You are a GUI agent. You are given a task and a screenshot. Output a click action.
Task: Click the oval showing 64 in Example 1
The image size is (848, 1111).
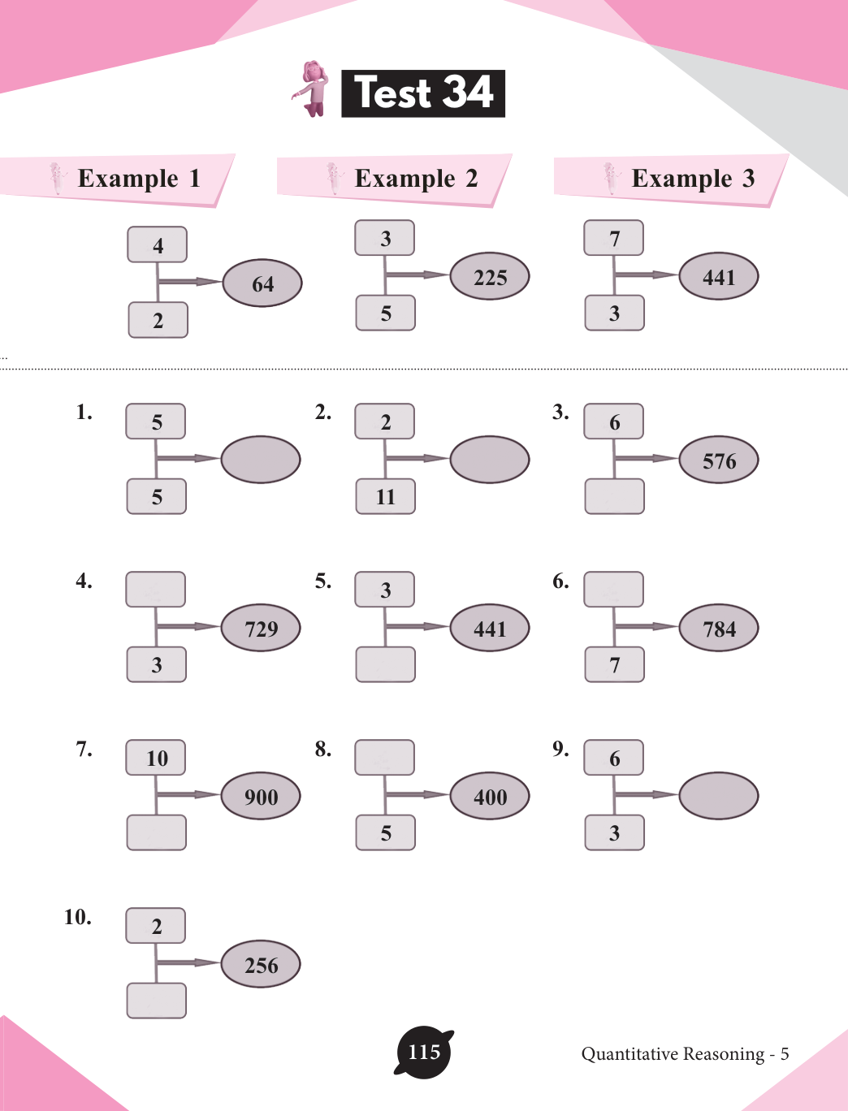[262, 283]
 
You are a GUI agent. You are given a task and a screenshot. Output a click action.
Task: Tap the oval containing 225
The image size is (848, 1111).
[490, 277]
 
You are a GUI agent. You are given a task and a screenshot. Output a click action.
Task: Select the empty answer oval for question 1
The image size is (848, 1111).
[261, 460]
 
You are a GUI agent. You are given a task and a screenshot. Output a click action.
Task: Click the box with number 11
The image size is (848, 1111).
[386, 496]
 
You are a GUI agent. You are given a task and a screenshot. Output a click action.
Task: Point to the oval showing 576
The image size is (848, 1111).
[719, 460]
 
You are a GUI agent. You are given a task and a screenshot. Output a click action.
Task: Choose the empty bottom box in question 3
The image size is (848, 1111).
[614, 496]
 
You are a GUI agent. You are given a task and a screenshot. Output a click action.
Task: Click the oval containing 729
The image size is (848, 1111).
[261, 628]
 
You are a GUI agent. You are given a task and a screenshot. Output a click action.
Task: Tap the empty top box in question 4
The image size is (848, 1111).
[156, 590]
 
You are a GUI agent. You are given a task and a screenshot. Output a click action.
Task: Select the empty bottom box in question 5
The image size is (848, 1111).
[386, 664]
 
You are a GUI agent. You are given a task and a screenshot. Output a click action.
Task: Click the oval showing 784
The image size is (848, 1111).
[719, 628]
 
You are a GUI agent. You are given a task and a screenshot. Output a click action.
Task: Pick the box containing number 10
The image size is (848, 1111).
[156, 758]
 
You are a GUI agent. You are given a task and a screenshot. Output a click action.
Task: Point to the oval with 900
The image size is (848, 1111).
[261, 796]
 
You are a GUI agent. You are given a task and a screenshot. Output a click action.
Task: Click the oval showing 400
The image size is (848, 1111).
[490, 796]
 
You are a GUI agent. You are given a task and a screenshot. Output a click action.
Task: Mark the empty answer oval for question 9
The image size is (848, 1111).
[719, 796]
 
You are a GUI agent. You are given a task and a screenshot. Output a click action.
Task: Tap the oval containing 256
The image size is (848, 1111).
[261, 964]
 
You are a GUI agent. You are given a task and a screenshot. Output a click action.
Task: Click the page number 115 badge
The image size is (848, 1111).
[423, 1053]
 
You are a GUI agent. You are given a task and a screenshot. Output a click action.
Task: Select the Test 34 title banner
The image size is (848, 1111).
[423, 93]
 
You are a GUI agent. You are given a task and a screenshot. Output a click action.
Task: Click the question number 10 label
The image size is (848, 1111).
[78, 917]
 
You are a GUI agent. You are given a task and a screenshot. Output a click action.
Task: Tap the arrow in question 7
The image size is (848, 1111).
[188, 794]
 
